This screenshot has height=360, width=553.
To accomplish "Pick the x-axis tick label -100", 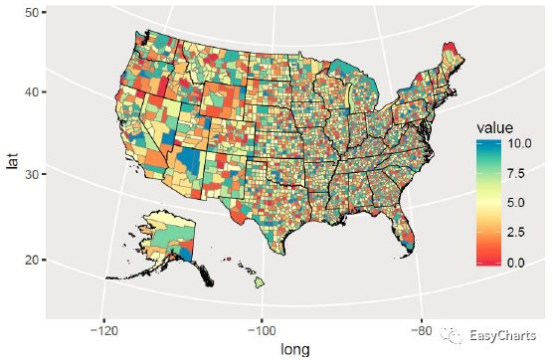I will point(262,332).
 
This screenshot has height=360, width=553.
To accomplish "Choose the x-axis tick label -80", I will point(420,332).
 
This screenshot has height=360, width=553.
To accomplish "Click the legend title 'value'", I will point(494,127).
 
